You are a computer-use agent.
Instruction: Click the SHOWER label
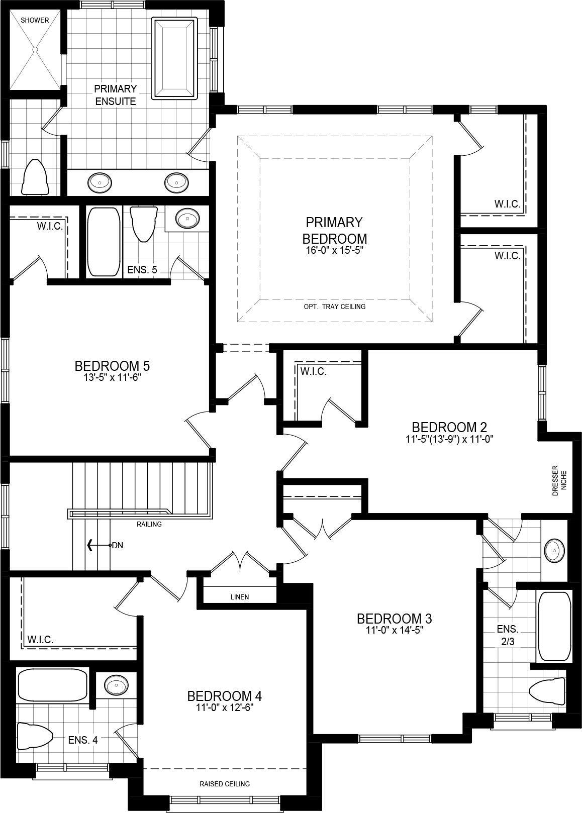(x=35, y=20)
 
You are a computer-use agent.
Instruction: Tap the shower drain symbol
(x=35, y=49)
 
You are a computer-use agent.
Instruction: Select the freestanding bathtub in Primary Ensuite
(x=173, y=58)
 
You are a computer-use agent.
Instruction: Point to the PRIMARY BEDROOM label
(x=334, y=230)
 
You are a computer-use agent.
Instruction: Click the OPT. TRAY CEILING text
(x=334, y=307)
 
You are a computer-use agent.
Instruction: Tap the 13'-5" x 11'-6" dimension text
(x=112, y=378)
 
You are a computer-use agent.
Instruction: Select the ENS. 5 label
(x=142, y=270)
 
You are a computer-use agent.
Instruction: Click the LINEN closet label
(x=240, y=597)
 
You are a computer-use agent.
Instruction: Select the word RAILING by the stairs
(x=149, y=524)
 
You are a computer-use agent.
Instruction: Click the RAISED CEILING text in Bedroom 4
(x=224, y=784)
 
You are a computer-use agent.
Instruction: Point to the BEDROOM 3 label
(x=394, y=618)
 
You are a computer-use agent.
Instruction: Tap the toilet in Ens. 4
(x=35, y=737)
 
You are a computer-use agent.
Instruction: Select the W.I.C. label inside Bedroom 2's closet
(x=313, y=372)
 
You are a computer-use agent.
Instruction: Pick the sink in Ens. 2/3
(x=554, y=551)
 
